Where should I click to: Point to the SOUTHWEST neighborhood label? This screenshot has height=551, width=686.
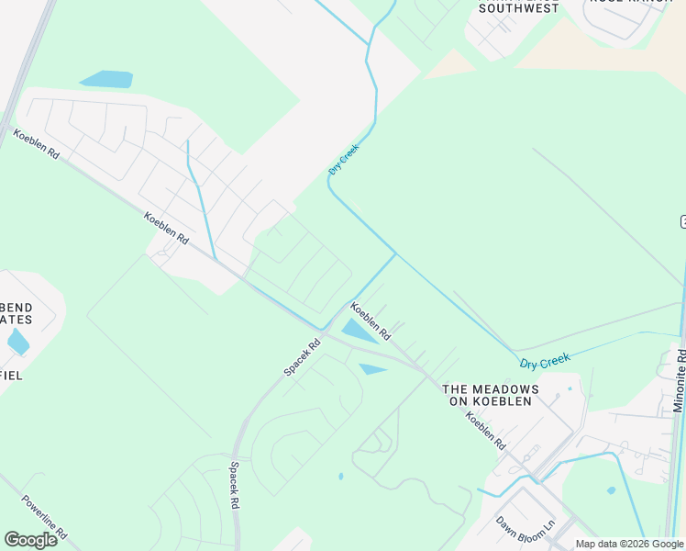(x=518, y=8)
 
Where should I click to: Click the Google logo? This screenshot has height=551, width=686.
(x=30, y=540)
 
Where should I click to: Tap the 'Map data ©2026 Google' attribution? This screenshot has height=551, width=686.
(x=629, y=545)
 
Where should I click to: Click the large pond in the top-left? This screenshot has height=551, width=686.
(x=108, y=79)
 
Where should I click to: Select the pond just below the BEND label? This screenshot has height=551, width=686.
(x=17, y=343)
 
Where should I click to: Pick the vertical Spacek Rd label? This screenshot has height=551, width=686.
(x=235, y=486)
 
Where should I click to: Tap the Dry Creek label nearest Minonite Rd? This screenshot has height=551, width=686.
(x=545, y=360)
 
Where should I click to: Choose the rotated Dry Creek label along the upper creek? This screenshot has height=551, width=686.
(x=343, y=159)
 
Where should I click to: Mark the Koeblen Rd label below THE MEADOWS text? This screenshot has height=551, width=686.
(x=485, y=430)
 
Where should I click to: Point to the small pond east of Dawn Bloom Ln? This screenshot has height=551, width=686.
(x=611, y=490)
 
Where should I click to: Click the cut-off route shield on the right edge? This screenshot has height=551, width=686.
(x=682, y=221)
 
